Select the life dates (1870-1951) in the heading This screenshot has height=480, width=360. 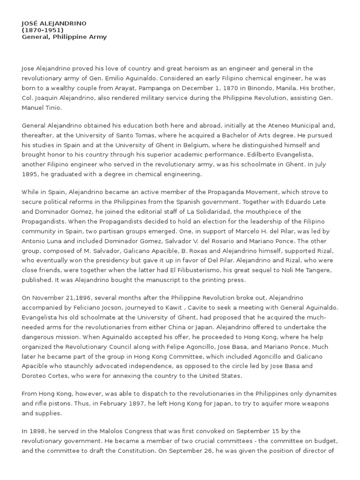pyautogui.click(x=43, y=30)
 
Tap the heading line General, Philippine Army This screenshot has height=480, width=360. pyautogui.click(x=64, y=37)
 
